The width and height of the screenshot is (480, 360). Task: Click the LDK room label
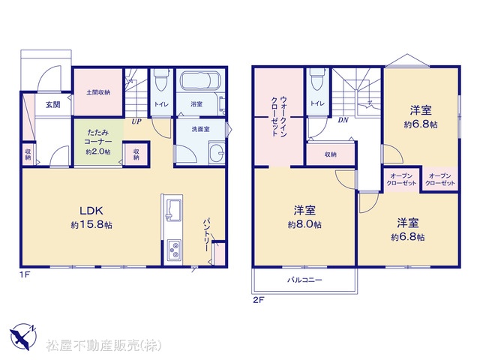(x=91, y=211)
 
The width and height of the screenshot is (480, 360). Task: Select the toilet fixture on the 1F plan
(x=161, y=79)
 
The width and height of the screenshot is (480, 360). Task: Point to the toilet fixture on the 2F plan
(x=317, y=79)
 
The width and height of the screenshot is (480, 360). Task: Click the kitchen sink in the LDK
(x=172, y=209)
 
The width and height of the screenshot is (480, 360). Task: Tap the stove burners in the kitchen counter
(x=174, y=250)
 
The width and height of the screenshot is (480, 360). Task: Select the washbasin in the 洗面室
(x=217, y=152)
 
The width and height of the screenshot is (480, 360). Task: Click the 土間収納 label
(x=98, y=92)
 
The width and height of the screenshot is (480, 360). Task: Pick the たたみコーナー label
(x=98, y=137)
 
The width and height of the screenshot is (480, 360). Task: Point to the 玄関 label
(x=53, y=105)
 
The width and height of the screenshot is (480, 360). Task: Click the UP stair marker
(x=136, y=121)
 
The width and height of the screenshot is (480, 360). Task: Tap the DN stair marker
(x=343, y=120)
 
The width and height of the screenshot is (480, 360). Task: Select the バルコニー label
(x=304, y=280)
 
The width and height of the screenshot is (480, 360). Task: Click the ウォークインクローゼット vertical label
(x=279, y=116)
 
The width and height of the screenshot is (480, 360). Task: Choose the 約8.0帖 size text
(x=304, y=225)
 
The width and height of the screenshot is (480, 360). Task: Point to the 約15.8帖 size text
(x=91, y=225)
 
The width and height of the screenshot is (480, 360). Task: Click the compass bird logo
(x=22, y=337)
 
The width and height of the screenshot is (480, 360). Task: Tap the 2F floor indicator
(x=258, y=300)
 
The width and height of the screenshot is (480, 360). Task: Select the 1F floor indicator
(x=25, y=274)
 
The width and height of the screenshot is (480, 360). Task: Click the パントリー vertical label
(x=207, y=235)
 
